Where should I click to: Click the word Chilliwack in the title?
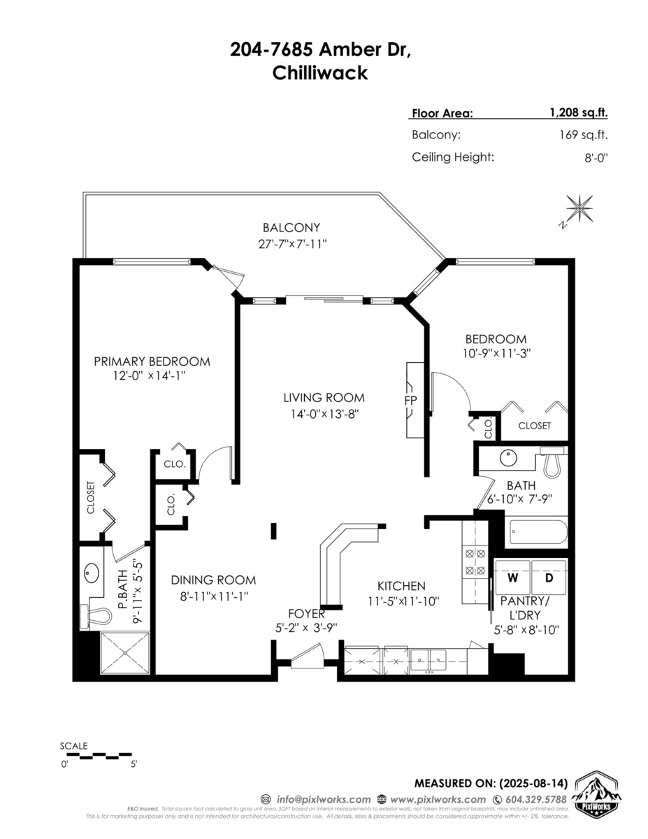coord(319,73)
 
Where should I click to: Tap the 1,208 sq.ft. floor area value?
coord(578,113)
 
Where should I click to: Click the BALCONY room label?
coord(291,227)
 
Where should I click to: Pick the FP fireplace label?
coord(410,401)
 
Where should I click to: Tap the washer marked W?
coord(512,578)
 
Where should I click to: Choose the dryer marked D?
coord(549,578)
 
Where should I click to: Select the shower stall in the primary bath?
coord(126,653)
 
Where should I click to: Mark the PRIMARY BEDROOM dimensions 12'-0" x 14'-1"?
coord(152,376)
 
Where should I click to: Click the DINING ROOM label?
coord(213,580)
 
